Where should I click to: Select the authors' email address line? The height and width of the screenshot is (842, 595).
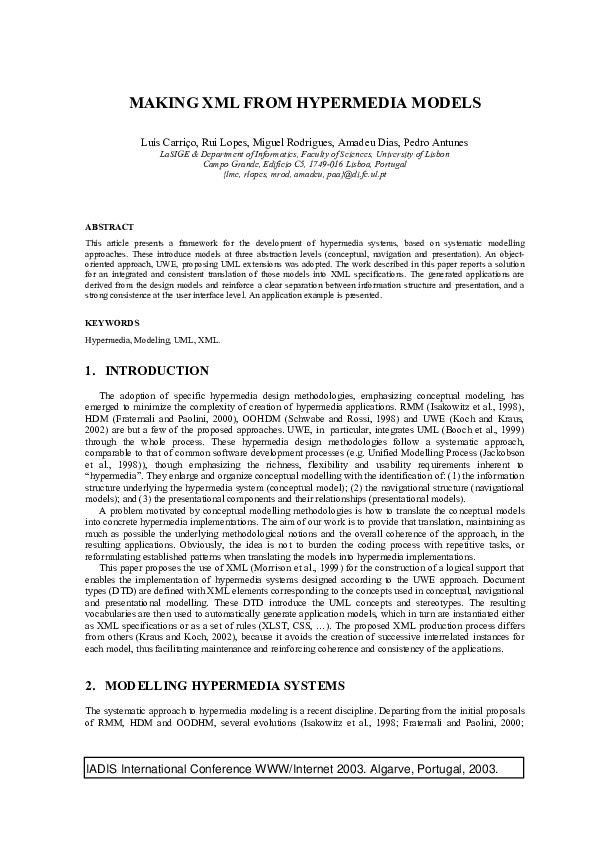pos(298,174)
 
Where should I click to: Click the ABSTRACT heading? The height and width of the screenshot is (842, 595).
pos(109,227)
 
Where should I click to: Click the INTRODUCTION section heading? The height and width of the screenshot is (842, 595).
pos(157,371)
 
